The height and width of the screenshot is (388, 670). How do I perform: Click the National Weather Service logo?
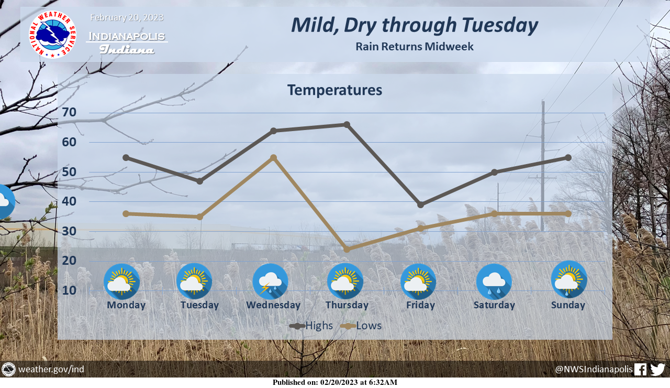click(52, 35)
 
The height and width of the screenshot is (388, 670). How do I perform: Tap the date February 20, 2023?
click(127, 18)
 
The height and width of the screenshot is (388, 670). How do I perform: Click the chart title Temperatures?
click(334, 90)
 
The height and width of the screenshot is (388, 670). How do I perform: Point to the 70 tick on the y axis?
click(69, 112)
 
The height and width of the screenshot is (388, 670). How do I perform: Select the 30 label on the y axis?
click(69, 231)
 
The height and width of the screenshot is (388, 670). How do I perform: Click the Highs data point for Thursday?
click(347, 124)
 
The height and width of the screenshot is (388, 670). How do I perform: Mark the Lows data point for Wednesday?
click(273, 158)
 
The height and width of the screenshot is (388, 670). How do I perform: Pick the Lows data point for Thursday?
click(347, 249)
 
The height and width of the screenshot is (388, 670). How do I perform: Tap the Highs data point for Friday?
click(420, 205)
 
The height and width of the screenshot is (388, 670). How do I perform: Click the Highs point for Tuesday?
click(200, 181)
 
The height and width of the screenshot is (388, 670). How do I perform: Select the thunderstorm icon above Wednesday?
click(271, 282)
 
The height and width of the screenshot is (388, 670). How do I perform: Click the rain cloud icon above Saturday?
click(494, 282)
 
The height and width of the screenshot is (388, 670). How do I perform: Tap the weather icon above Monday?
click(122, 282)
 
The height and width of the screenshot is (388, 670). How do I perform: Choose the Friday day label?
click(420, 305)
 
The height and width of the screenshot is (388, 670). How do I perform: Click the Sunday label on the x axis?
click(568, 305)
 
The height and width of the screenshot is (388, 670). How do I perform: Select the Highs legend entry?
click(311, 326)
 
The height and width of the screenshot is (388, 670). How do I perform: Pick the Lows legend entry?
click(361, 326)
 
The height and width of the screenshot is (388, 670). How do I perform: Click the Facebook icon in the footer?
click(640, 370)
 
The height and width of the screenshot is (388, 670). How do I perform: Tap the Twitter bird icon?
click(658, 370)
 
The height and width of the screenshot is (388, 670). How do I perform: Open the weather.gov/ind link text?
click(51, 370)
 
